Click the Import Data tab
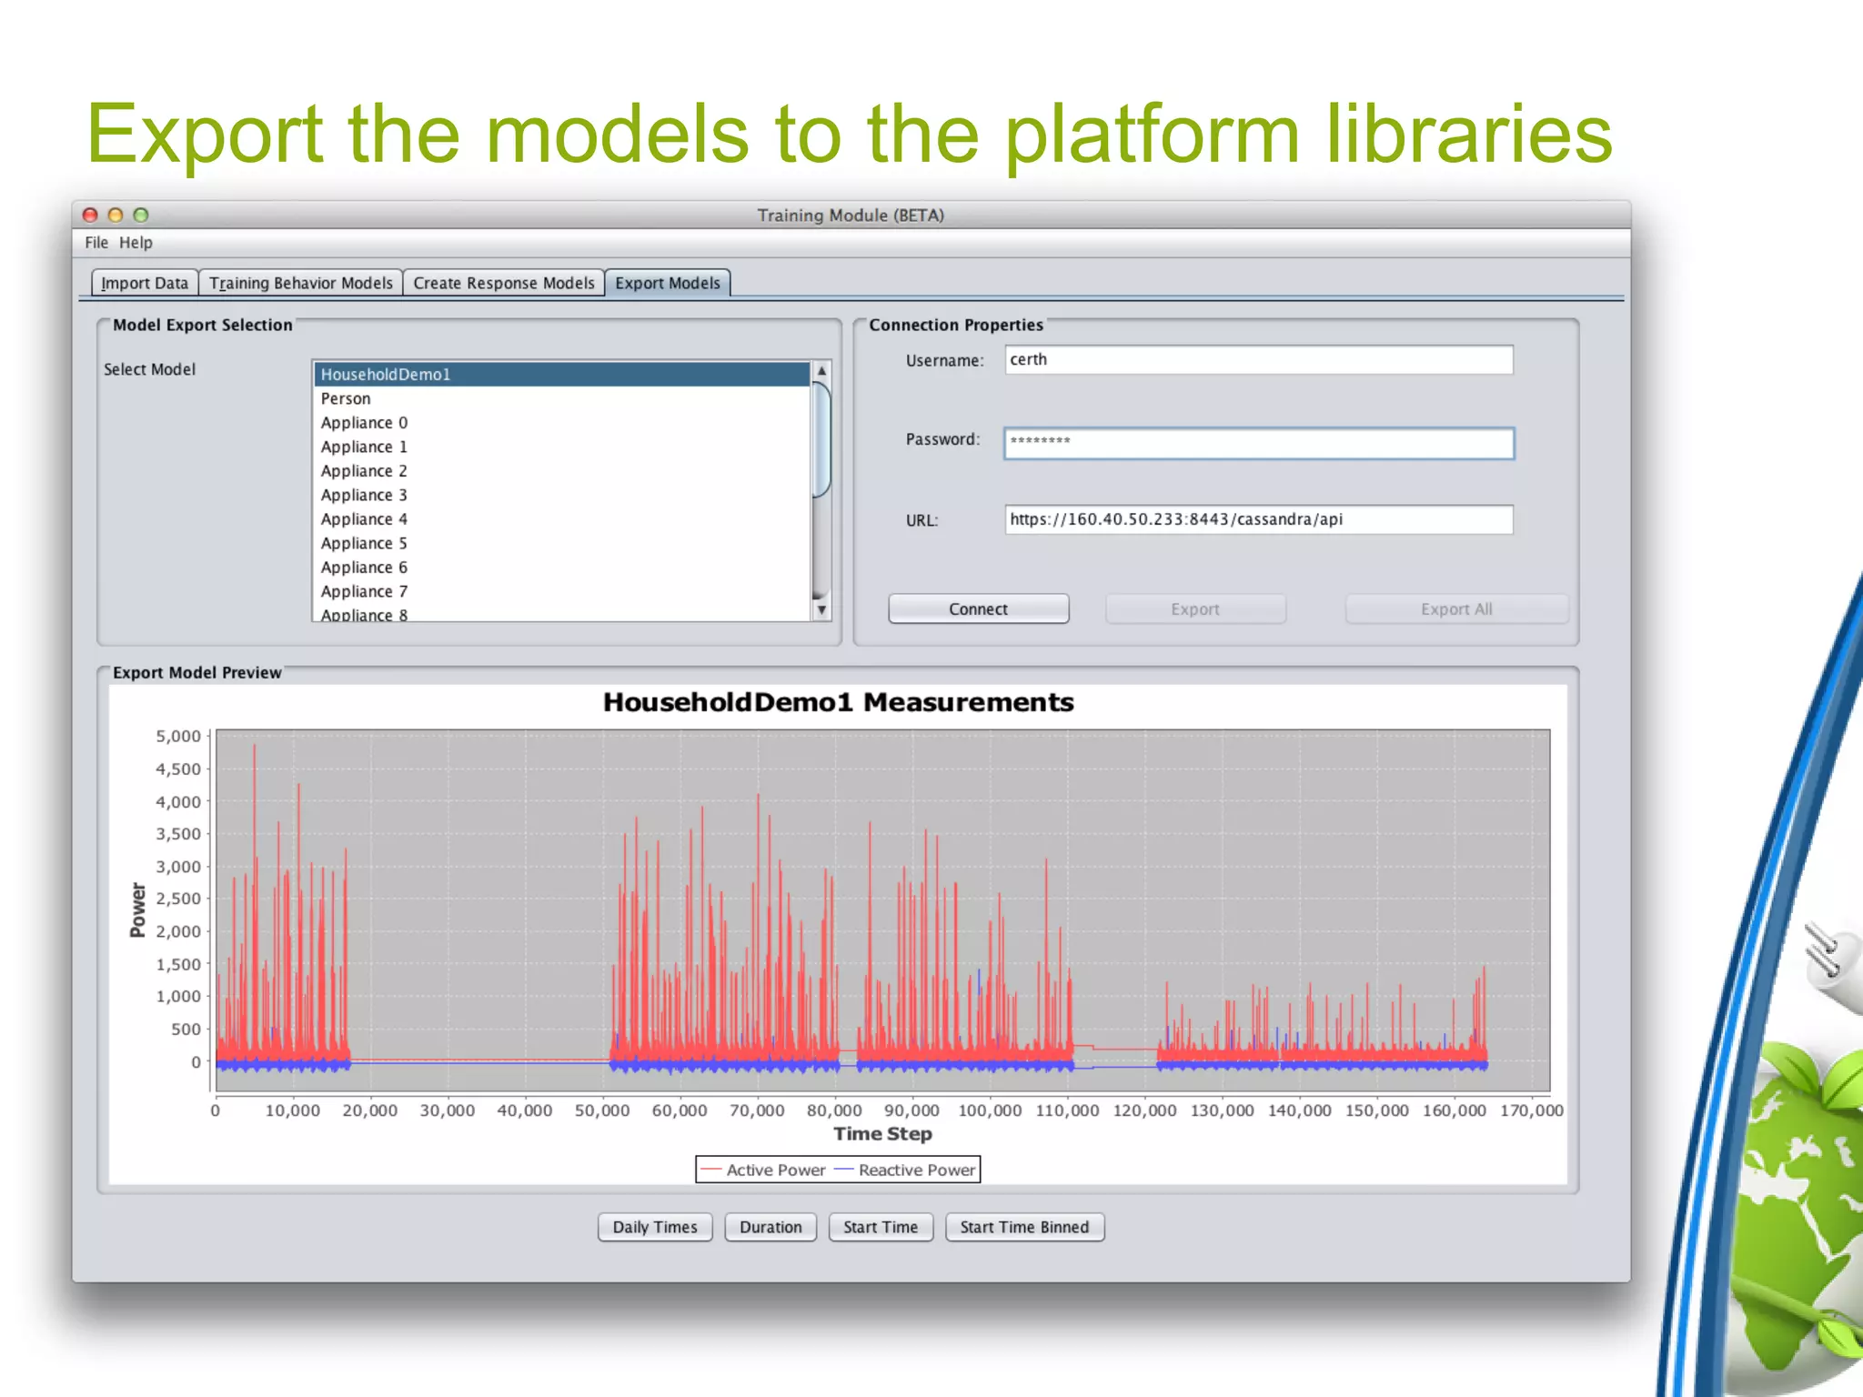145,283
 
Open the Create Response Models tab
503,283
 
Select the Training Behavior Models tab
300,283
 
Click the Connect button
978,609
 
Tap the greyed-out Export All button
1455,609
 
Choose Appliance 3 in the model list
363,495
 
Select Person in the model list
346,398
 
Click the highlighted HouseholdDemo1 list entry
385,375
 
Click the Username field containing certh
1258,360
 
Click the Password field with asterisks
1258,443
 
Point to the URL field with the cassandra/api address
1258,519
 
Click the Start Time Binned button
1024,1227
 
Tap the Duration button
770,1227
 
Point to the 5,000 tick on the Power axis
178,737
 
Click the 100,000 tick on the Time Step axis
990,1111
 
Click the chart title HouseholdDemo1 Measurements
838,703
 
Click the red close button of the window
90,216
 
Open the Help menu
136,243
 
